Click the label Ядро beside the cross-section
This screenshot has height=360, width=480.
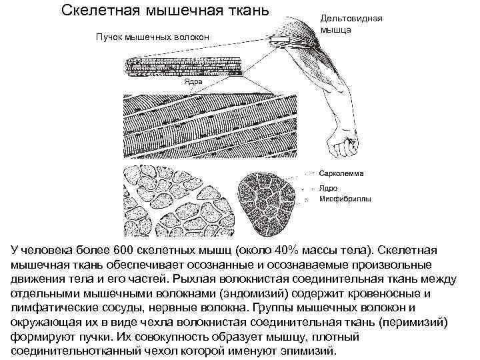[x=330, y=189]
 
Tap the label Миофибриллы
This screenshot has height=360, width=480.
[x=347, y=199]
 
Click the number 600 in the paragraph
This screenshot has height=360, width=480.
[x=124, y=250]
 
